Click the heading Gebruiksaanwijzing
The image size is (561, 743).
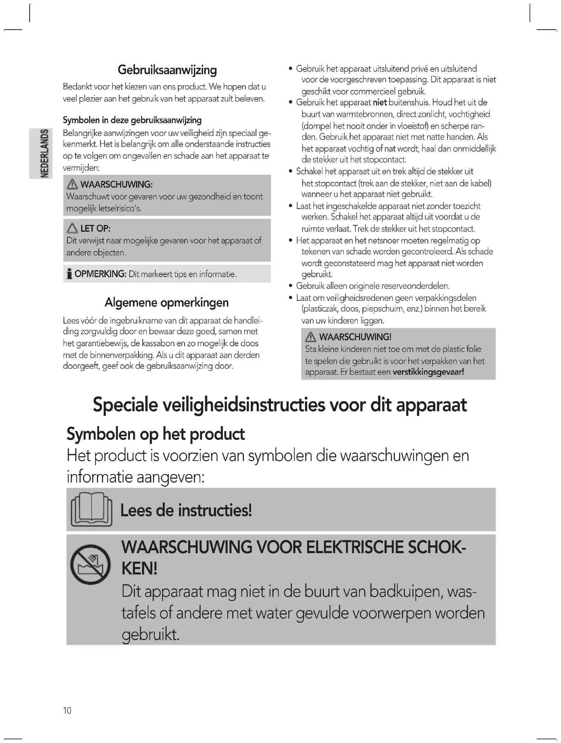click(x=167, y=70)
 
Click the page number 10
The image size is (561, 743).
click(x=67, y=710)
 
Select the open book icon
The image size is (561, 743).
click(x=92, y=509)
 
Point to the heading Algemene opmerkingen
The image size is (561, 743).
click(x=167, y=303)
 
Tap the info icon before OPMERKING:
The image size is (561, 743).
click(x=70, y=274)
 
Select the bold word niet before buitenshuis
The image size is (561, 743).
click(x=380, y=103)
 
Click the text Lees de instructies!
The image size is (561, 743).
click(x=186, y=510)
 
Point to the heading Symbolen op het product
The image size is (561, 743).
click(x=156, y=434)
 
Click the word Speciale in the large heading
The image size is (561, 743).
click(x=125, y=405)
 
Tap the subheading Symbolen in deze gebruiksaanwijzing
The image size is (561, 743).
click(x=132, y=120)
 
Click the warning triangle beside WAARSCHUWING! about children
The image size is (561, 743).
click(x=311, y=337)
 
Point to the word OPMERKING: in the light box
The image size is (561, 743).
click(x=100, y=274)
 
